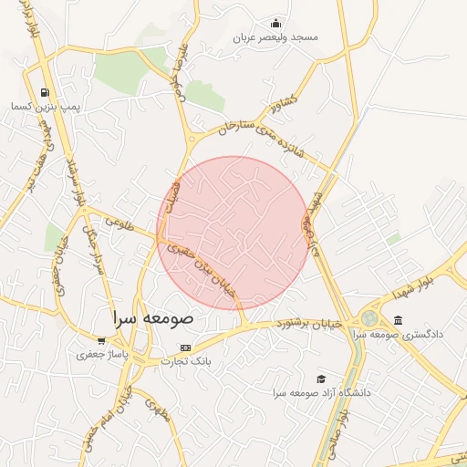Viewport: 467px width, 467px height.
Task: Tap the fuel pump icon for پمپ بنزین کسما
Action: pos(45,92)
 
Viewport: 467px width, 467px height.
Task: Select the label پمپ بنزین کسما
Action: pos(46,107)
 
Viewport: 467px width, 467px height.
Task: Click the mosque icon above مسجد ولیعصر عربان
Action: pos(276,24)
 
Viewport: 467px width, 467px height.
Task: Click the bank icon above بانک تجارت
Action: pos(186,348)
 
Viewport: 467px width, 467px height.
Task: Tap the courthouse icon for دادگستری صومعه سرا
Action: pos(398,319)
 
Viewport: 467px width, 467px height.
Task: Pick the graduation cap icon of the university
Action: pos(320,379)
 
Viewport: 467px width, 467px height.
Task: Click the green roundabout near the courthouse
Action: pos(368,318)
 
